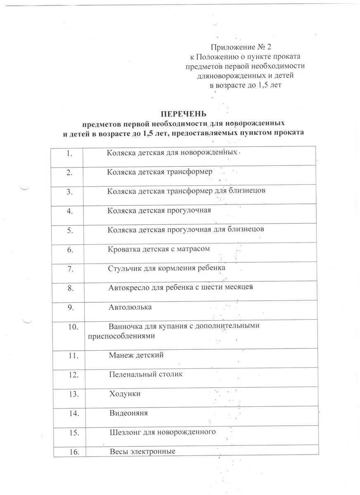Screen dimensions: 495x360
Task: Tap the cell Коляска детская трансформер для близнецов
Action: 189,191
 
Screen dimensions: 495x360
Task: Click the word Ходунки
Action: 125,394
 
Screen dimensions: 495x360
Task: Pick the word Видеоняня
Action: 128,413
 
